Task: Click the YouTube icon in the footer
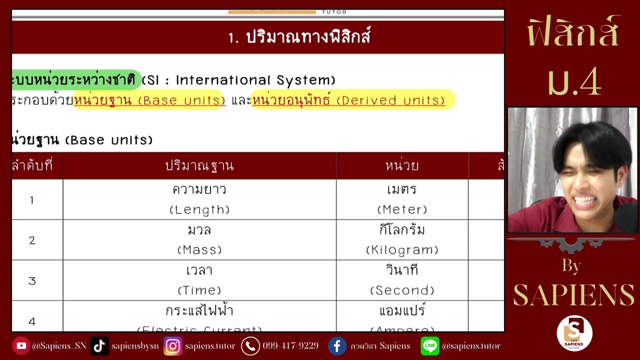pos(21,346)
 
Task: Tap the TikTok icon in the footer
pos(99,346)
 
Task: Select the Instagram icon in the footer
pos(173,346)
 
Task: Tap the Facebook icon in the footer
pos(337,346)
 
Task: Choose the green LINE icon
pos(430,346)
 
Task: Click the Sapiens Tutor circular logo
pos(574,333)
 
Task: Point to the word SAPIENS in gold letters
pos(573,295)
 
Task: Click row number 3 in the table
pos(32,281)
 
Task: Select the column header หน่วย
pos(402,166)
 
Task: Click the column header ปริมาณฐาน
pos(199,166)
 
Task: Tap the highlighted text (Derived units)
pos(390,100)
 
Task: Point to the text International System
pos(255,80)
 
